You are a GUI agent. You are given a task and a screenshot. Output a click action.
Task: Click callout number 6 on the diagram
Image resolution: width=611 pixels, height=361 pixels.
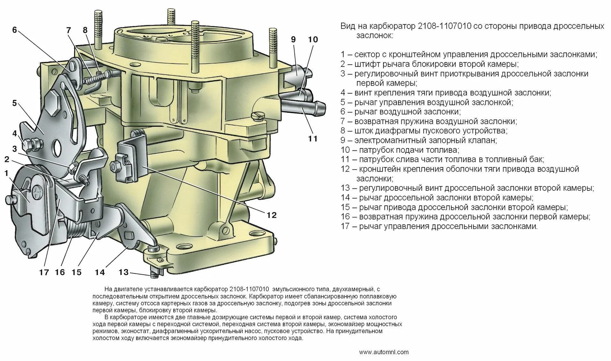(x=14, y=30)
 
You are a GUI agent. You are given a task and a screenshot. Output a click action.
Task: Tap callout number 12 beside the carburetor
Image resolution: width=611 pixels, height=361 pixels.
(x=271, y=215)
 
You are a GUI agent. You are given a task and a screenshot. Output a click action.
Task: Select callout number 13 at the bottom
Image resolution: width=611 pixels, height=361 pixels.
(x=123, y=272)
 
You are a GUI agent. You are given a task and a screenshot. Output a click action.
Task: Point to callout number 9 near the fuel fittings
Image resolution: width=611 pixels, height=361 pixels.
(x=293, y=39)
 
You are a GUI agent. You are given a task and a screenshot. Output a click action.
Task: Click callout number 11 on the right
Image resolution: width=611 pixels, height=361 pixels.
(x=313, y=138)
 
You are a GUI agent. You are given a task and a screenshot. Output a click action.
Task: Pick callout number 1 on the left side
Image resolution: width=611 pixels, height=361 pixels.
(x=6, y=173)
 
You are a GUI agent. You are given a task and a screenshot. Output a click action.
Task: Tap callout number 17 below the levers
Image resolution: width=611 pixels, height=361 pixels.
(x=44, y=272)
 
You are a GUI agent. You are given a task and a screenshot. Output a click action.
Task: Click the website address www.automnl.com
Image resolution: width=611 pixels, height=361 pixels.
(x=383, y=352)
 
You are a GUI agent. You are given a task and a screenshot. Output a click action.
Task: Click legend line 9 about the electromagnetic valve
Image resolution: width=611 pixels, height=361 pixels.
(x=418, y=140)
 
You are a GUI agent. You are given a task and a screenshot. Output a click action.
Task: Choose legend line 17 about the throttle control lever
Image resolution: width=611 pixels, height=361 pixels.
(x=439, y=226)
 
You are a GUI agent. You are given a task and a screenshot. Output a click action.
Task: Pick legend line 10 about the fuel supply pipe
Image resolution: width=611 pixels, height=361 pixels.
(x=400, y=150)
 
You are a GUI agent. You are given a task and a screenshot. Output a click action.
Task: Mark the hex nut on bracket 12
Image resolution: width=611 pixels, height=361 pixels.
(x=115, y=166)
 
